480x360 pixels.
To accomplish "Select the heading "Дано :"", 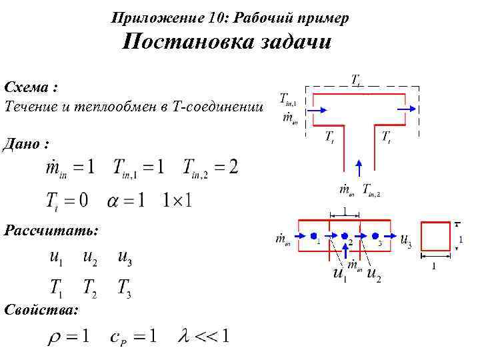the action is [27, 143].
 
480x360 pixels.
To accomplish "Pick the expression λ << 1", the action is [204, 336].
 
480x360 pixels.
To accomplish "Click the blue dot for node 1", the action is [313, 236].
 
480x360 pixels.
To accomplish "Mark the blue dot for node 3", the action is [375, 236].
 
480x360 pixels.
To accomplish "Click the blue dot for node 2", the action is [345, 236].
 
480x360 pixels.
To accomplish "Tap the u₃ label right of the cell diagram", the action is [405, 241].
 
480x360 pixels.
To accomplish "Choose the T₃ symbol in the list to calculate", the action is [123, 288].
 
